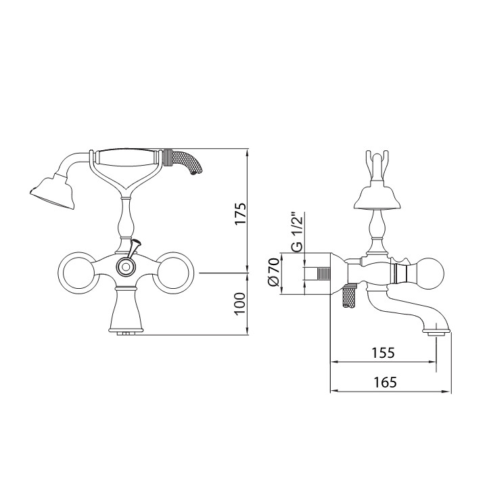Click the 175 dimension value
click(x=240, y=213)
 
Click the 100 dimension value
click(x=240, y=304)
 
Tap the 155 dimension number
click(x=383, y=352)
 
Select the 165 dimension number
click(x=385, y=382)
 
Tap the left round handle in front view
click(x=76, y=273)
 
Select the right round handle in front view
click(x=175, y=273)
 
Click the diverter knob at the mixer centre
click(x=126, y=266)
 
